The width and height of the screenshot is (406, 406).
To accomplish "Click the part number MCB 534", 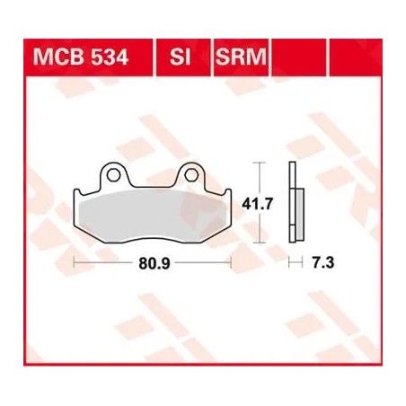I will [80, 60].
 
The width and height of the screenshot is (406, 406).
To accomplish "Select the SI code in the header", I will [181, 60].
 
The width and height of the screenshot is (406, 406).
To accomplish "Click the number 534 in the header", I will [104, 60].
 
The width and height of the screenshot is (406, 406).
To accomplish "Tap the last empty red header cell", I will [354, 60].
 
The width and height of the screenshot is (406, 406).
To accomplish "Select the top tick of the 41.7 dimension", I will [260, 163].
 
